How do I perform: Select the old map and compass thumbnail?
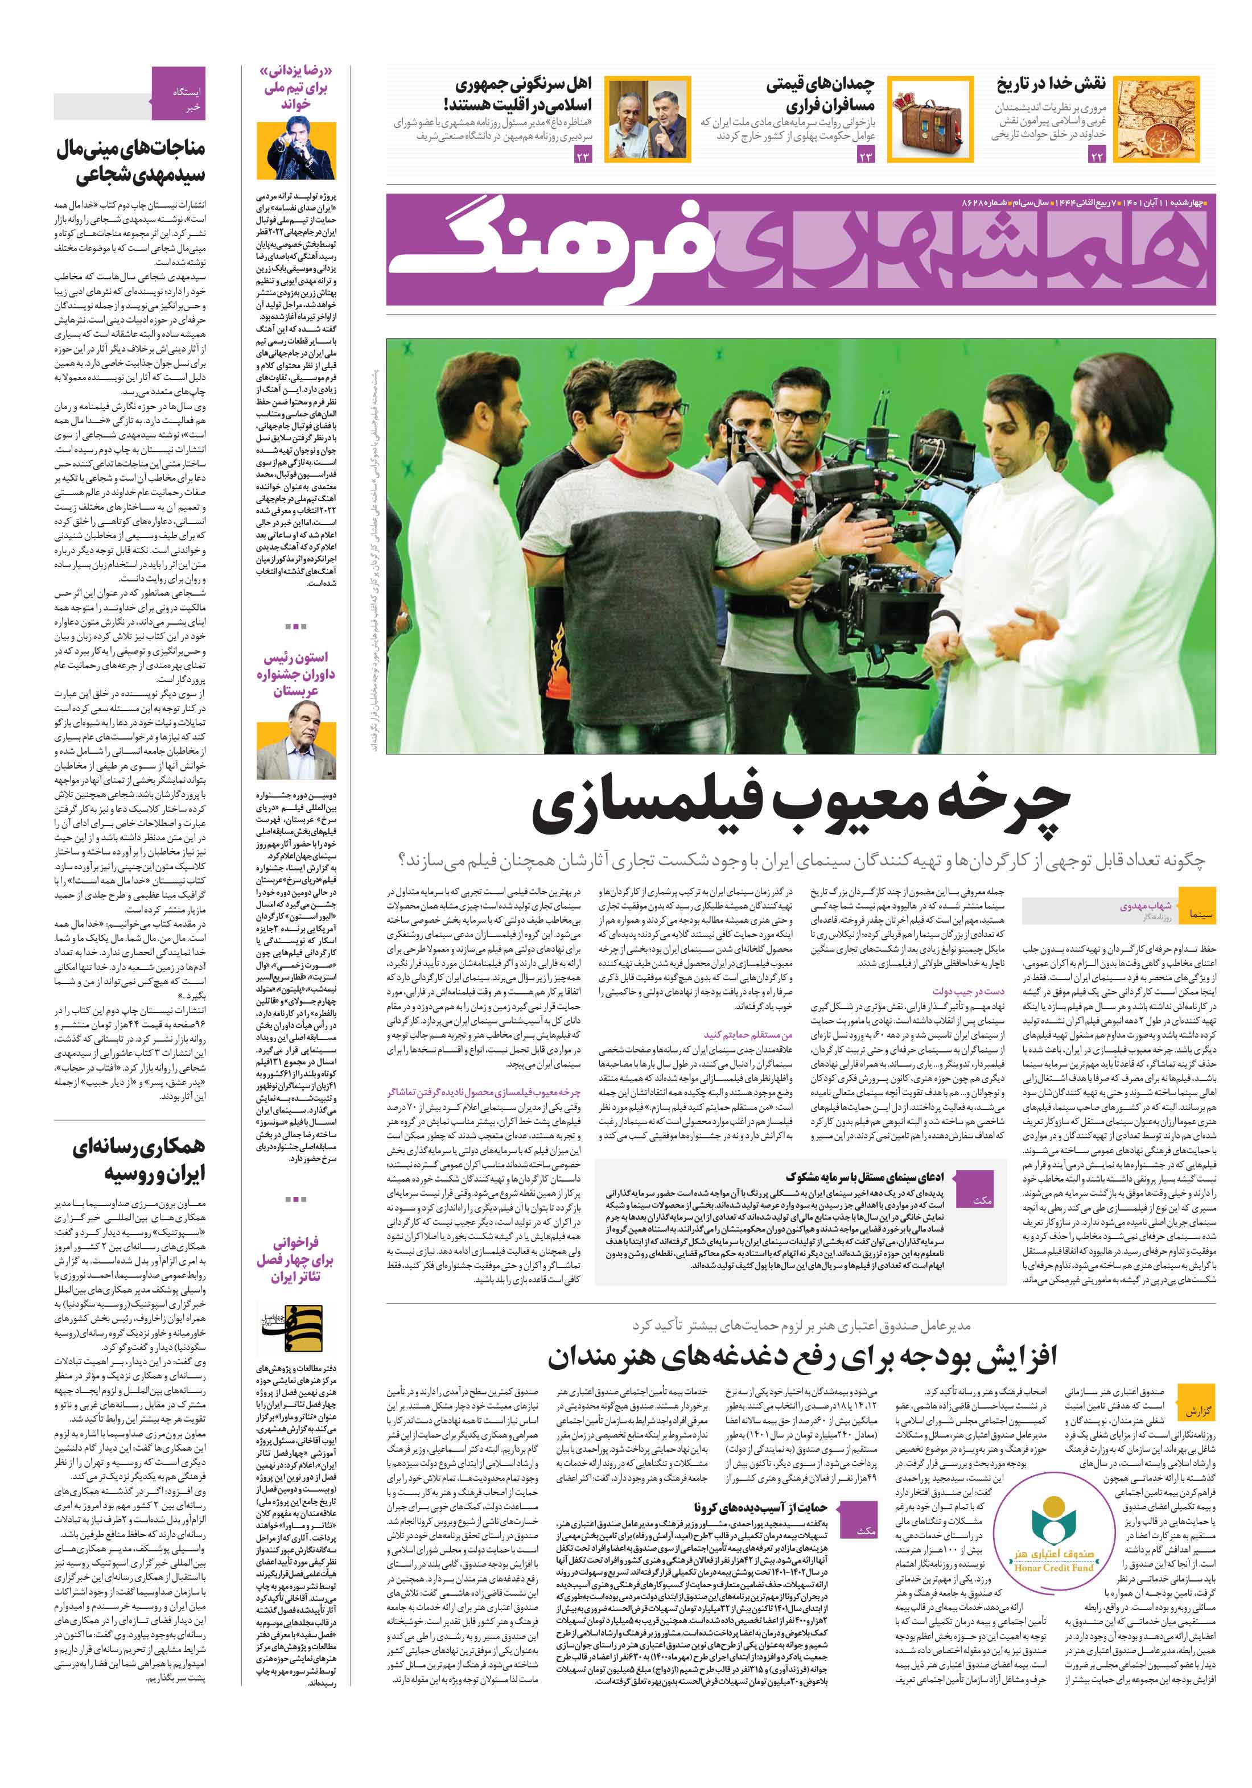1155,119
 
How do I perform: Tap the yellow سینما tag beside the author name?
1196,906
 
